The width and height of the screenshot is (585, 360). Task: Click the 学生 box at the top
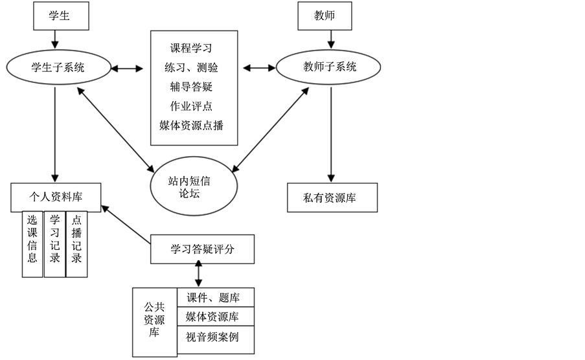60,16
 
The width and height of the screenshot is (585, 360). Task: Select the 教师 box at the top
325,16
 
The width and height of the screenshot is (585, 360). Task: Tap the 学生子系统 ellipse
58,67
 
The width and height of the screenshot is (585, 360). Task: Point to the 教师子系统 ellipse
328,67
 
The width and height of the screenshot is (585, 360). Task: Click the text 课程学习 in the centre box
191,48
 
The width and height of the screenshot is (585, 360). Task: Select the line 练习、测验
191,67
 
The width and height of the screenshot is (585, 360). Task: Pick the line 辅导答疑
191,86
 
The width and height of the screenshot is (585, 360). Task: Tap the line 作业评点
191,106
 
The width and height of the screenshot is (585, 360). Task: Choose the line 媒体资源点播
191,125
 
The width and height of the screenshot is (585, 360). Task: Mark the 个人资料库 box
56,197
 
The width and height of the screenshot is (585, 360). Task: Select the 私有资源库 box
332,197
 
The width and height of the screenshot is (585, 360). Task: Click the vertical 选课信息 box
32,243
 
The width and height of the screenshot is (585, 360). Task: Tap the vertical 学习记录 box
54,243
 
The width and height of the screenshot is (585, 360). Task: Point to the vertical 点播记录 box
76,243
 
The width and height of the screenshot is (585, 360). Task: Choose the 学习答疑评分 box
202,249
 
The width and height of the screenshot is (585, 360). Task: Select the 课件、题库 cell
214,298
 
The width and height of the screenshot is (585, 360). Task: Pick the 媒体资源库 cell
214,317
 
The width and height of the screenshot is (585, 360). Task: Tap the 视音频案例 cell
214,337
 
